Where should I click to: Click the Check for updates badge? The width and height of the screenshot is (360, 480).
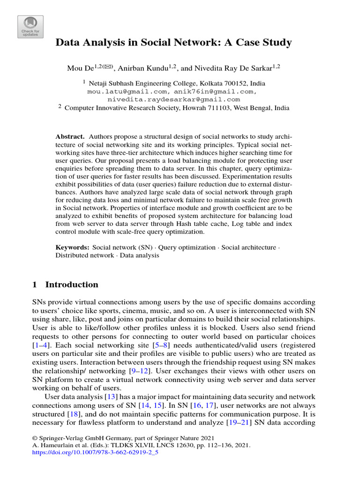pos(30,27)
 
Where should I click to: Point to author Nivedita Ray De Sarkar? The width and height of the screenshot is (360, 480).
pos(230,68)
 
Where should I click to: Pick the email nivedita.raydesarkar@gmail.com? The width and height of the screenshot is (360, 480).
pos(173,99)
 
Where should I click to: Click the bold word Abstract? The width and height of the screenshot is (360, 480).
pos(70,136)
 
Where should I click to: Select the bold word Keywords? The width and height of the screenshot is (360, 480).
pos(72,247)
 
